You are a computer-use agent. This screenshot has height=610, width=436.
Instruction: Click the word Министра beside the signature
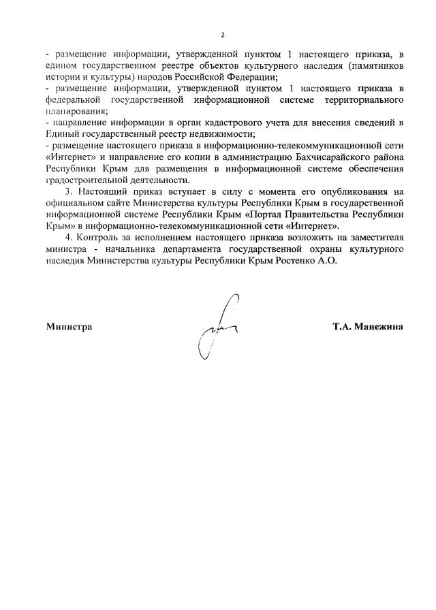69,326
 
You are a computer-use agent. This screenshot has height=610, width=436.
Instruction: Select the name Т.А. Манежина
367,326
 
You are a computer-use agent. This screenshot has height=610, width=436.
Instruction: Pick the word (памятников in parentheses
371,67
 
